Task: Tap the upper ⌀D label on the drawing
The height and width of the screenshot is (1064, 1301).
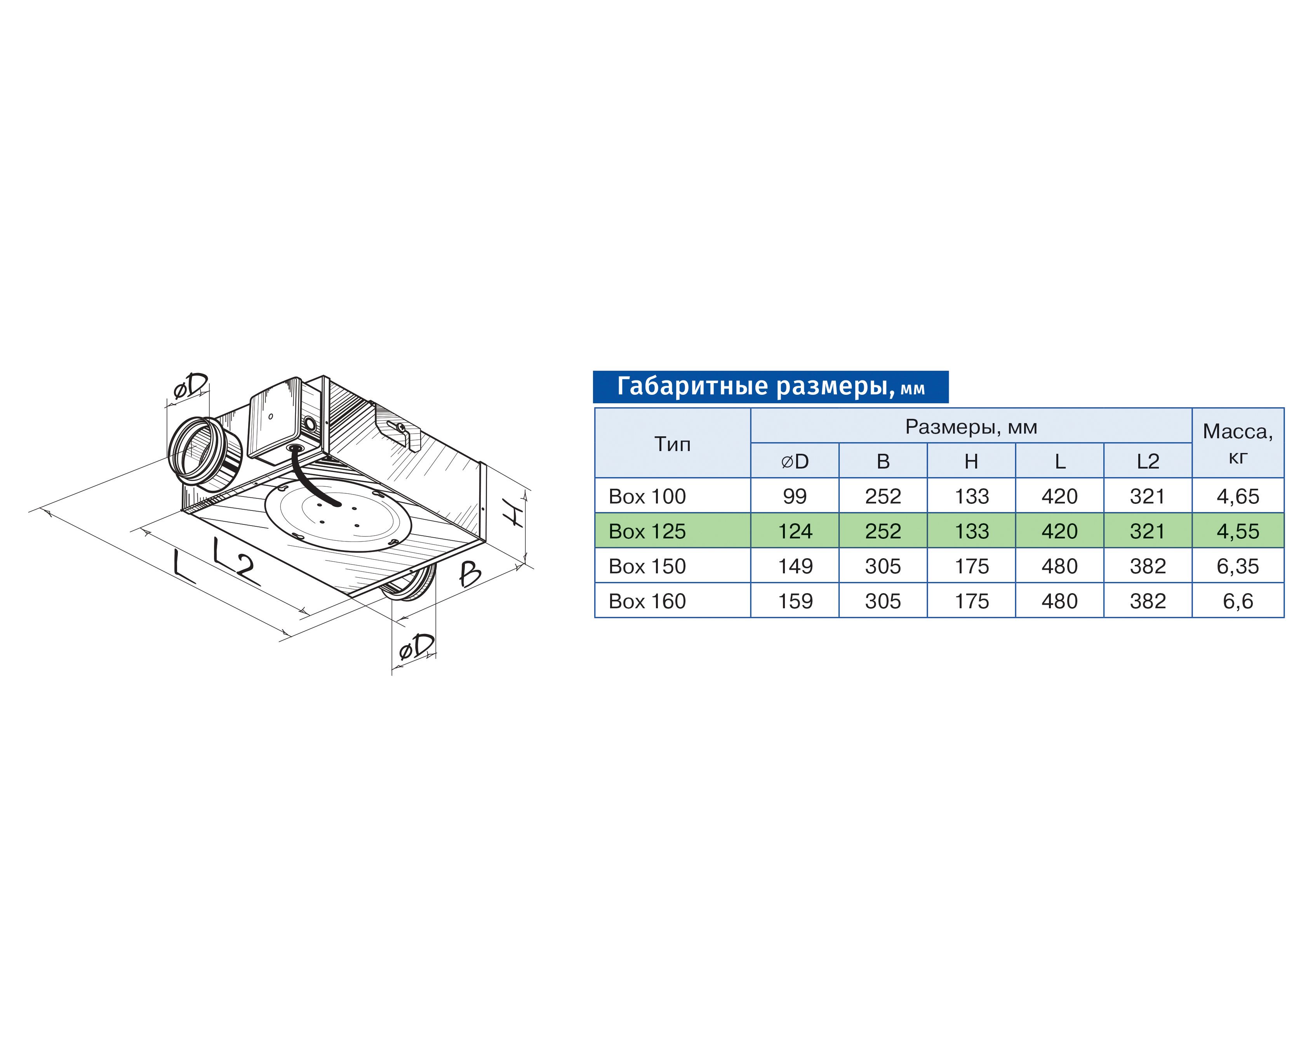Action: point(191,386)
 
